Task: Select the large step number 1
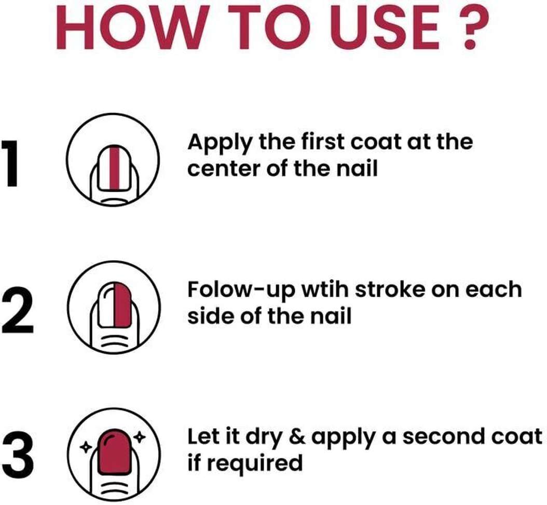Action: tap(10, 164)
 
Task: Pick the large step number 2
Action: tap(18, 310)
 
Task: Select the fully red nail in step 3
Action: tap(114, 451)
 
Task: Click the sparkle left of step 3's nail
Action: tap(86, 446)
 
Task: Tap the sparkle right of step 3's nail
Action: tap(140, 436)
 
